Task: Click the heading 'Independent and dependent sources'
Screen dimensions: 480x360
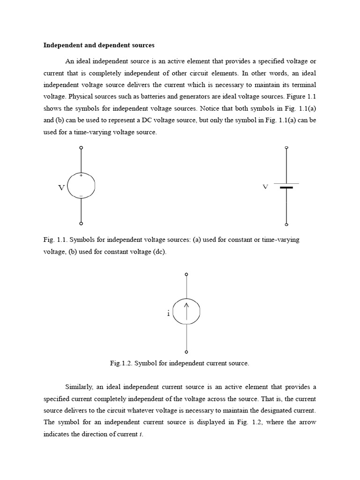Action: (x=98, y=45)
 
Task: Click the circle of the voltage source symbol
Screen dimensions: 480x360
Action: (x=95, y=186)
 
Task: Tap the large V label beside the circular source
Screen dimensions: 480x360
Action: (x=61, y=187)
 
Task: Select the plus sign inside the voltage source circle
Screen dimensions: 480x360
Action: (x=81, y=176)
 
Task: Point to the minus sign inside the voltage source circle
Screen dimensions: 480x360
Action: (x=81, y=195)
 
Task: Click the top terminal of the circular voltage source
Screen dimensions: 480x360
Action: (x=82, y=148)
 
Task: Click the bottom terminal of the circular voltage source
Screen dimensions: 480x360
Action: (x=82, y=224)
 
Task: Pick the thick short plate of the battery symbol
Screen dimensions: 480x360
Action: (x=286, y=187)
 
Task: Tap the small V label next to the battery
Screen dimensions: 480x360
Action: (x=265, y=187)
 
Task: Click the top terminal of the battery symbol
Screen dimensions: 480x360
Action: (x=286, y=148)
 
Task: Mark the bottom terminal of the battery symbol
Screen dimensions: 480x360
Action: (x=286, y=224)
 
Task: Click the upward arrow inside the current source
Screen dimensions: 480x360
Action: (x=187, y=311)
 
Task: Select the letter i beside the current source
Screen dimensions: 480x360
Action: (x=168, y=313)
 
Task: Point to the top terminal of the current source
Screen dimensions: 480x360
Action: (x=187, y=274)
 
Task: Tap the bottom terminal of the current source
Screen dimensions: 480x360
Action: (x=187, y=352)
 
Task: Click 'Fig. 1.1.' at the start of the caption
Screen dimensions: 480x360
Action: (x=55, y=240)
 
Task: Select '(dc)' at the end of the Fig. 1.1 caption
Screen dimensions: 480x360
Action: (x=158, y=252)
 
